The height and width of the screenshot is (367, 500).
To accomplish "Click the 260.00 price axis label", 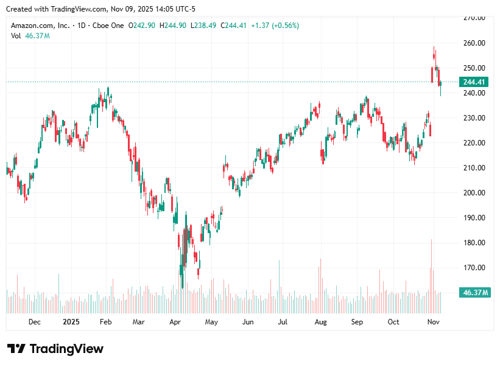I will coord(473,43).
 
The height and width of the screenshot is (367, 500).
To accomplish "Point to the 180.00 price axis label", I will coord(473,243).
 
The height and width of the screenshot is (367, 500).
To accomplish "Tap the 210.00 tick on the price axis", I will coord(473,168).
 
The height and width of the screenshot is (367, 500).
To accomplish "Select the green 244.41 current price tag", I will coord(474,82).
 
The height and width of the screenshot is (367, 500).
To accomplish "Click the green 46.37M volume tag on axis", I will coord(476,293).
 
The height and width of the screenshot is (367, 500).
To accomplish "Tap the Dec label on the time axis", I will coord(34,322).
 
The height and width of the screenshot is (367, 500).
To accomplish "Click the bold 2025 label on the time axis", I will coord(71,322).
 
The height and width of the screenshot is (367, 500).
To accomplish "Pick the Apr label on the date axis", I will coord(175,322).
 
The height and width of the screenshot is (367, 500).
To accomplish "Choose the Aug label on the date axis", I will coord(320,322).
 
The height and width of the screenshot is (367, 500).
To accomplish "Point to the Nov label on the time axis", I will coord(433,322).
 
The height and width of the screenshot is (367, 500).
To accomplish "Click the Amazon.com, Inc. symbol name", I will coord(40,26).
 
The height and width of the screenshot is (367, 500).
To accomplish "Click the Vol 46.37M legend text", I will coord(30,36).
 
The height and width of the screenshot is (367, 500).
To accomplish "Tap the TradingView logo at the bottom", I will coord(55,349).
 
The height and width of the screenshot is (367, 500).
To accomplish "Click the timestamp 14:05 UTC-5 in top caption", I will coord(174,9).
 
